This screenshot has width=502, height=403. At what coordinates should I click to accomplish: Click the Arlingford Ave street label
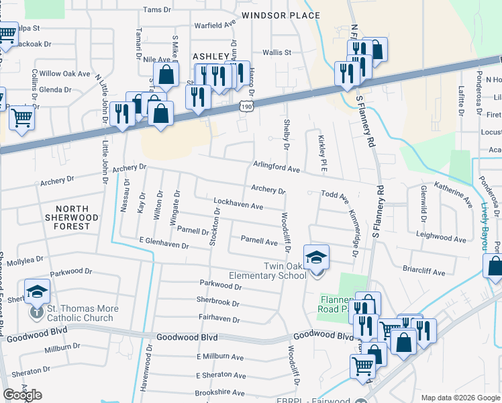click(276, 167)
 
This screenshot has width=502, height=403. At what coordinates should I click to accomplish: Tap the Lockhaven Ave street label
click(238, 204)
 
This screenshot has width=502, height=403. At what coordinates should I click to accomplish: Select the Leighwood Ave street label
click(440, 238)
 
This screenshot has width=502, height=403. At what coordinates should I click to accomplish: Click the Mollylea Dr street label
click(22, 258)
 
